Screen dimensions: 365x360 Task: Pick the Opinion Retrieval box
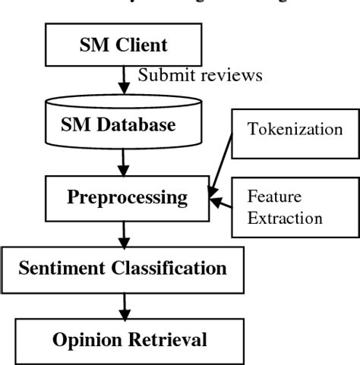[x=129, y=339]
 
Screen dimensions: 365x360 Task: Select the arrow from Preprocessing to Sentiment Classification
[x=124, y=233]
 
